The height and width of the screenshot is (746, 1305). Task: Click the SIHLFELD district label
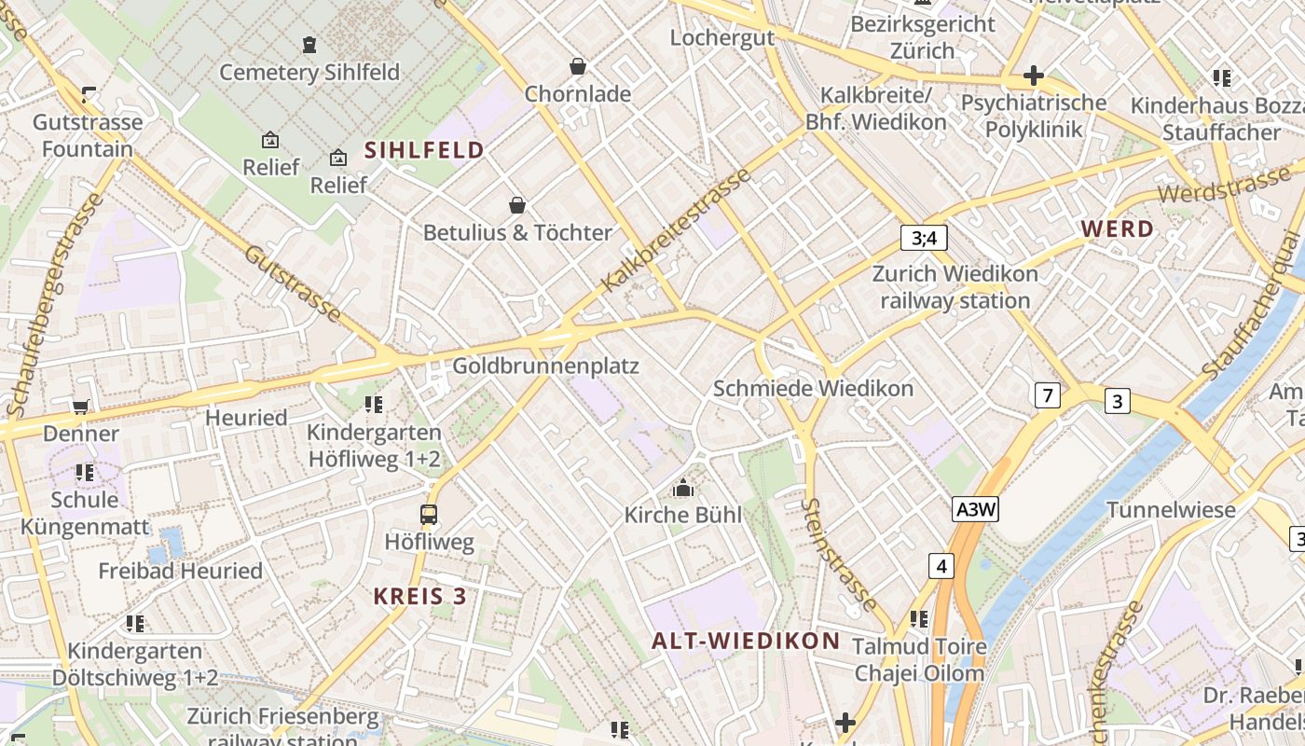pos(424,150)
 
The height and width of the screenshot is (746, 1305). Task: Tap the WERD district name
pos(1117,228)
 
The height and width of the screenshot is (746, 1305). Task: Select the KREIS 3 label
pos(419,597)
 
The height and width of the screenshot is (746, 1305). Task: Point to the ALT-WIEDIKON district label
pos(746,641)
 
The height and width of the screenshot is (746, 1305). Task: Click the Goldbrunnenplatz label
pos(545,366)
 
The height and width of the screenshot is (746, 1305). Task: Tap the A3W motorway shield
pos(976,509)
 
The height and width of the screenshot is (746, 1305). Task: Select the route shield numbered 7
pos(1047,395)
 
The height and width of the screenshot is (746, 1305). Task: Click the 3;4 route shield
pos(924,238)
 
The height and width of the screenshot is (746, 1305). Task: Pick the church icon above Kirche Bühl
pos(683,488)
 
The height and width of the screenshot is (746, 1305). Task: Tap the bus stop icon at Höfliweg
pos(429,514)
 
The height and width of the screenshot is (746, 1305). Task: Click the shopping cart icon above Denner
pos(81,407)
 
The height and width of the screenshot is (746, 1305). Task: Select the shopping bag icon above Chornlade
pos(578,66)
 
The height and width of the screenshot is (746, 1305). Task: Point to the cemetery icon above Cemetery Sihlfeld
pos(309,44)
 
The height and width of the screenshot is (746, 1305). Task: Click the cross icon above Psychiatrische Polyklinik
pos(1033,75)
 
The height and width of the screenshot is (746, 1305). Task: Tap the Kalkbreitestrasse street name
pos(676,229)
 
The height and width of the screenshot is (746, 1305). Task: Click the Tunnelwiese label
pos(1171,509)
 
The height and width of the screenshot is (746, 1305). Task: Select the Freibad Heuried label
pos(180,571)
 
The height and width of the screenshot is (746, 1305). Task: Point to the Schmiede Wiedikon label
pos(813,388)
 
